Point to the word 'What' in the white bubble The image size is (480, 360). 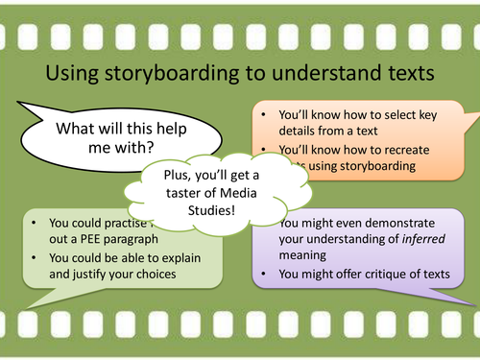click(x=75, y=128)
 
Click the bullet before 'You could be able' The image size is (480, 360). click(x=35, y=257)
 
